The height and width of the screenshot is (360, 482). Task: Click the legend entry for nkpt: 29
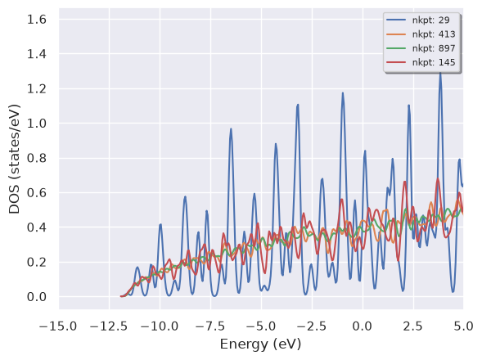pos(430,20)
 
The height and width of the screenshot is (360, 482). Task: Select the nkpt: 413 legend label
pos(434,34)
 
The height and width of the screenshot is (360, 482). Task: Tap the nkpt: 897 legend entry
pos(434,48)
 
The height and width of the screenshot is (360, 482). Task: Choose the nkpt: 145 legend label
pos(434,62)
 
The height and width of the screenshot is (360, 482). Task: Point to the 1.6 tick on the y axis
pos(37,20)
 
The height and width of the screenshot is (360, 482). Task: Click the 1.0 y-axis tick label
pos(37,124)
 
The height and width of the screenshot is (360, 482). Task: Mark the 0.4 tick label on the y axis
pos(37,227)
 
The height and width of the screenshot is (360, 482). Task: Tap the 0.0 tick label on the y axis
pos(37,297)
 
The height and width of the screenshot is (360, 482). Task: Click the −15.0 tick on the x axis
pos(58,326)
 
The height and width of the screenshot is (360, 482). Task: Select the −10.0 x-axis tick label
pos(160,326)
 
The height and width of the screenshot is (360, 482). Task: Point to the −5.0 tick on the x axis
pos(261,326)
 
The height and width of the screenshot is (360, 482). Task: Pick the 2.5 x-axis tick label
pos(413,326)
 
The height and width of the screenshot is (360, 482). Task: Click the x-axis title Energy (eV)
pos(261,344)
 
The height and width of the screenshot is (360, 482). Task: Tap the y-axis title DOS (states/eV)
pos(14,159)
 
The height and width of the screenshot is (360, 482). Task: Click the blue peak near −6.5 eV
pos(231,129)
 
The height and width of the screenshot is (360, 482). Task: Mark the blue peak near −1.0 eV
pos(343,93)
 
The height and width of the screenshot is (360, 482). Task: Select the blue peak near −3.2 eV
pos(298,106)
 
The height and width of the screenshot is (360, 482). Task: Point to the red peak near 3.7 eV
pos(438,179)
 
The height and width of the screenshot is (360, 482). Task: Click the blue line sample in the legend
pos(396,20)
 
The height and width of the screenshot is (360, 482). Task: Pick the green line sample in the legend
pos(396,48)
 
